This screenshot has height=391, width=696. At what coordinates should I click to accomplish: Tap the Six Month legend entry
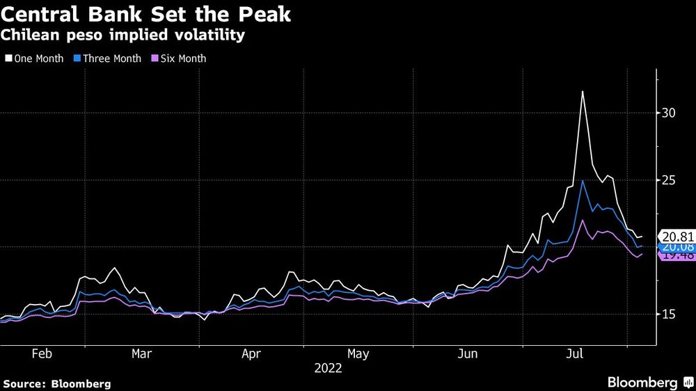[180, 58]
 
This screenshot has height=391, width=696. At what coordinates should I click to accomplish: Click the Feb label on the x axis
[42, 353]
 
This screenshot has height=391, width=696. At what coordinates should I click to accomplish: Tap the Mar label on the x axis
[142, 353]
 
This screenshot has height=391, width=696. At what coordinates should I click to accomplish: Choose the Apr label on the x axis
[251, 353]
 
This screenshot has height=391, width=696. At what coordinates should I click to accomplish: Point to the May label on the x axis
[358, 353]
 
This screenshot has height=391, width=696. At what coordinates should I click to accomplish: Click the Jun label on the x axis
[468, 353]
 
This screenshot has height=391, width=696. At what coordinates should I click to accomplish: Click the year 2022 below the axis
[328, 369]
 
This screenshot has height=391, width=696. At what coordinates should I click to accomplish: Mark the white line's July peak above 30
[582, 92]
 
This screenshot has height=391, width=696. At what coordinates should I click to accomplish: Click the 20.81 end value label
[677, 237]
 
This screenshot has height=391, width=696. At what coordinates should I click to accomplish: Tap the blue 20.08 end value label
[677, 246]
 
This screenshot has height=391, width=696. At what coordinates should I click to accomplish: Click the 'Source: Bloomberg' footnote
[56, 383]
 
